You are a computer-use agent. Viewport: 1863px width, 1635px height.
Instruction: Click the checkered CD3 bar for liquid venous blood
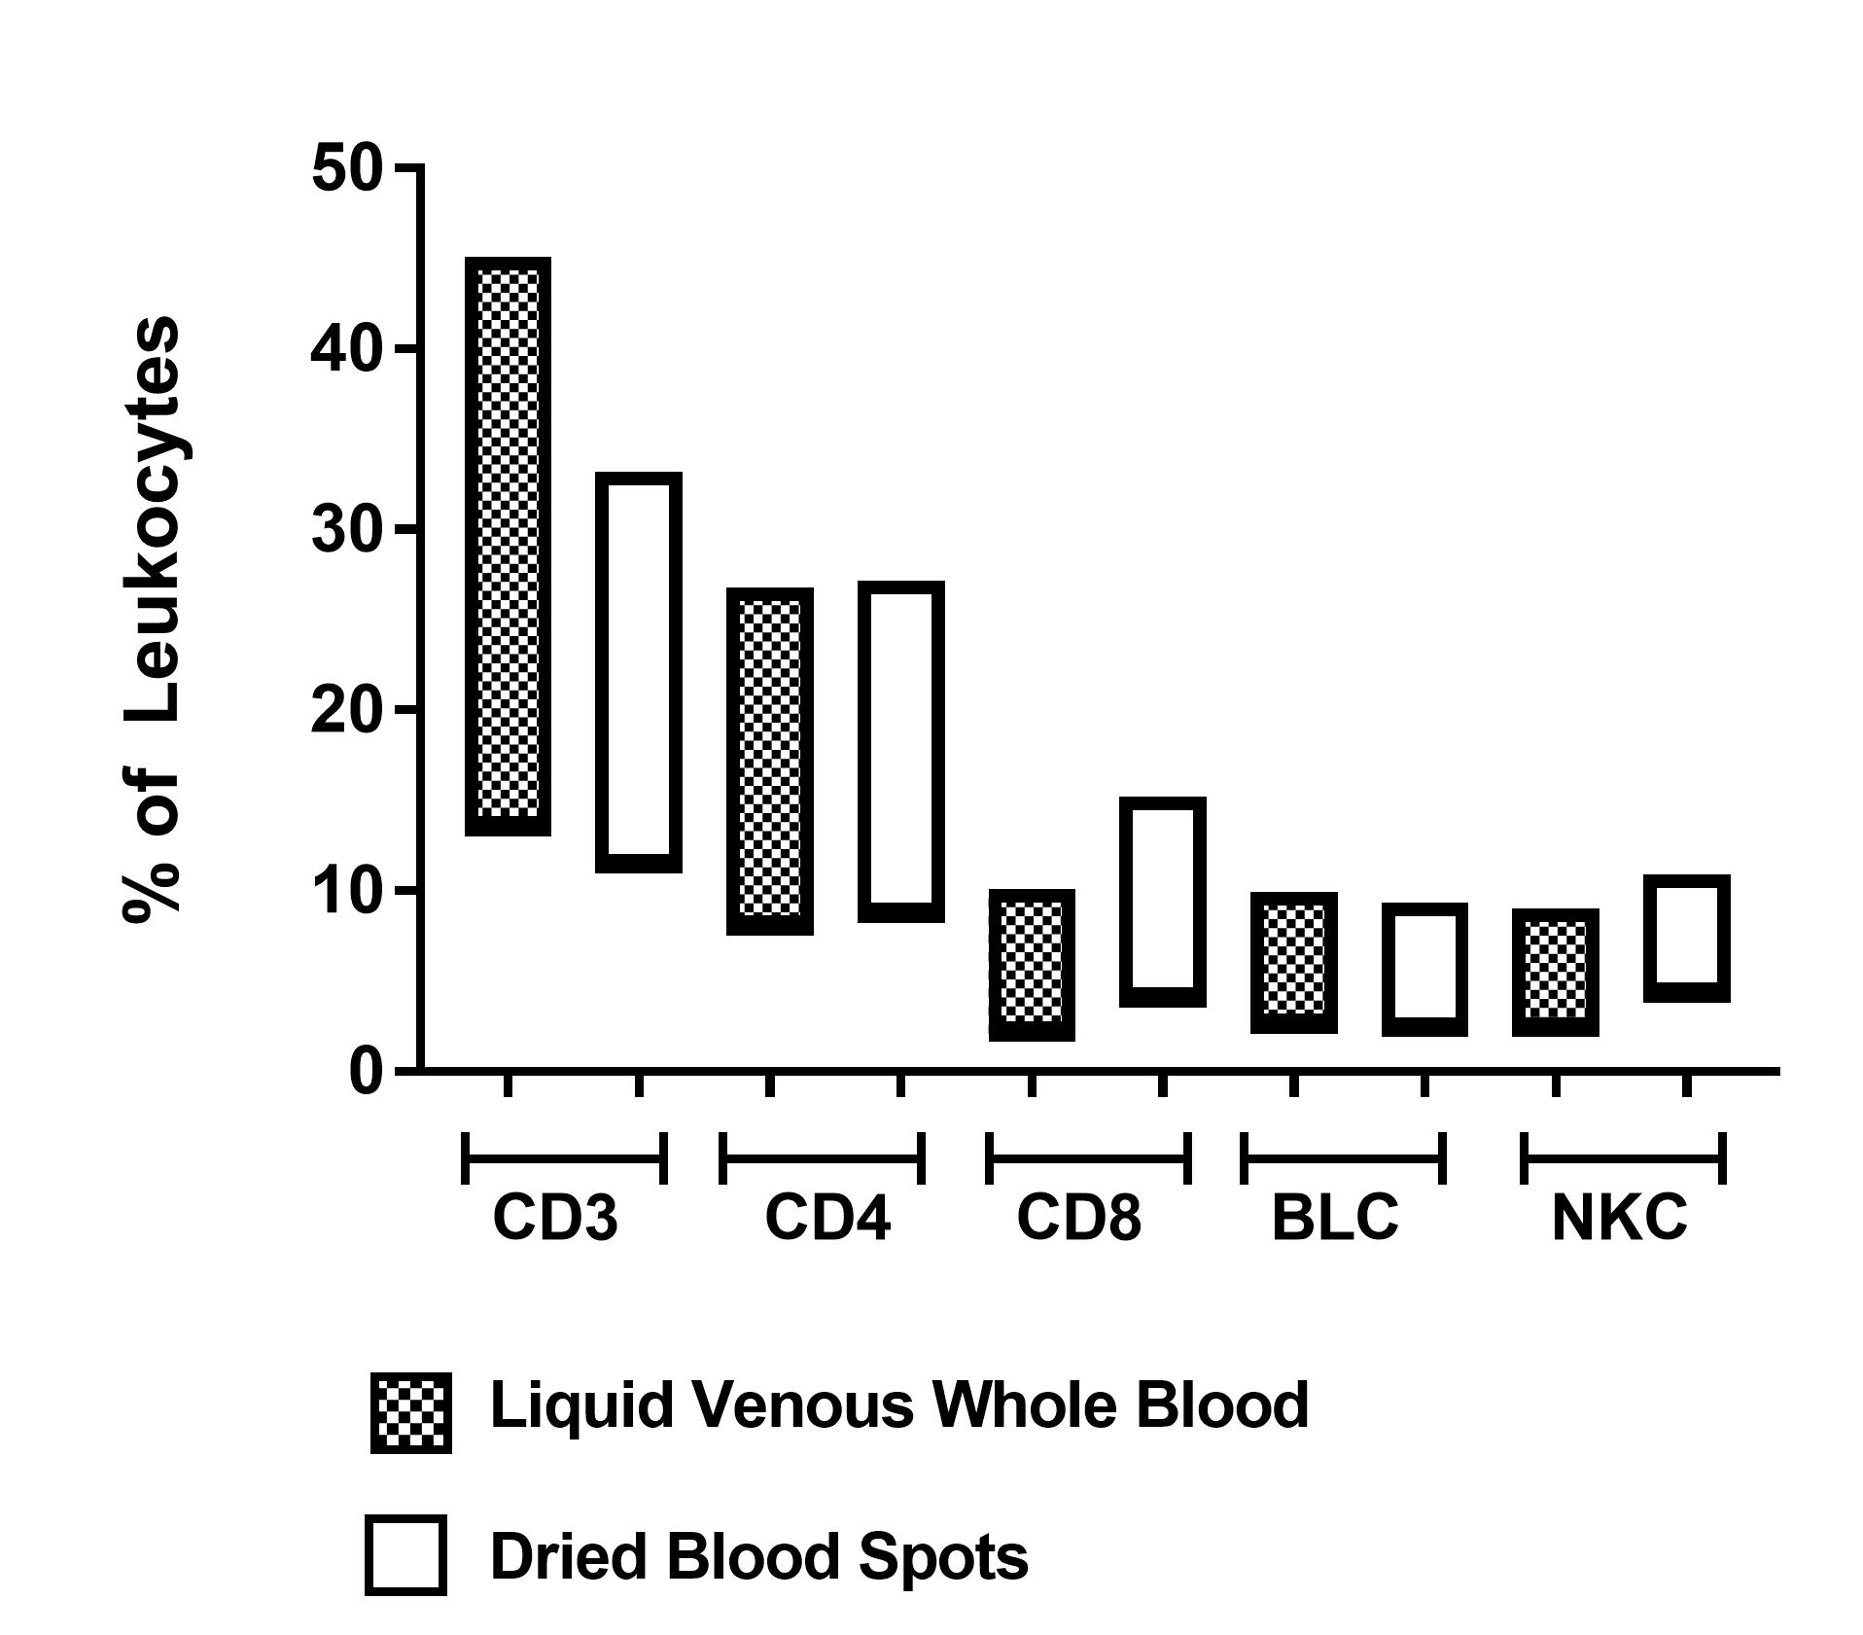coord(508,546)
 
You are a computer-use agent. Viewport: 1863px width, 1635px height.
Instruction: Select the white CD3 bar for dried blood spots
coord(638,671)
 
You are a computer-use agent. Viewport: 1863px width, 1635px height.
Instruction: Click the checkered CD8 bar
coord(1032,964)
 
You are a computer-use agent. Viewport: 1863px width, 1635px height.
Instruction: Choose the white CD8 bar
coord(1162,901)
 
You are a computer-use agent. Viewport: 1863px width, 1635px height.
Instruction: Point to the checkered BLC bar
coord(1293,962)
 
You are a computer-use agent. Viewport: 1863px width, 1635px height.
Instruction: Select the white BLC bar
coord(1424,969)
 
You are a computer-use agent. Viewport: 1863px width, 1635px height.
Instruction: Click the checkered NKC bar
coord(1556,972)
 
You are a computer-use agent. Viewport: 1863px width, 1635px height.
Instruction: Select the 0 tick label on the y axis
coord(367,1072)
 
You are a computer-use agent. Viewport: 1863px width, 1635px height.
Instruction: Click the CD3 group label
coord(555,1217)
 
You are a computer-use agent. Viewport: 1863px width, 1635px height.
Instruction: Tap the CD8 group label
coord(1079,1217)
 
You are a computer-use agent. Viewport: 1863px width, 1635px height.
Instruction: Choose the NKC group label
coord(1619,1217)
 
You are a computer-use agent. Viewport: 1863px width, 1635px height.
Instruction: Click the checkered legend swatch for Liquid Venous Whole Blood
coord(410,1412)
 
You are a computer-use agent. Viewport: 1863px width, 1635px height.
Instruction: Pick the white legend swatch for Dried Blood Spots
coord(405,1554)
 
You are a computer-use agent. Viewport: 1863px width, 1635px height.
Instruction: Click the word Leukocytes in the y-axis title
coord(156,520)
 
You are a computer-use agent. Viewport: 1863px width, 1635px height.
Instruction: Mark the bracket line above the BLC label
coord(1343,1158)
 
